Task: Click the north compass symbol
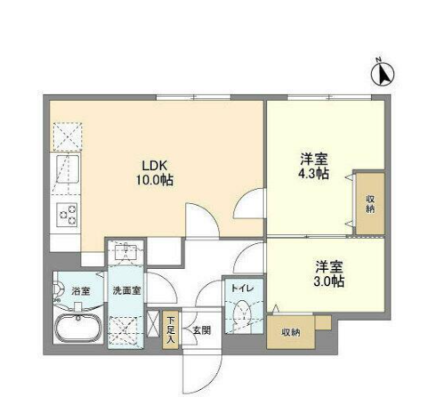point(382,74)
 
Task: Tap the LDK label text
point(155,166)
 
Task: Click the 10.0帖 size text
point(155,180)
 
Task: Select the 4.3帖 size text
point(314,174)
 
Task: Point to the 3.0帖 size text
point(329,280)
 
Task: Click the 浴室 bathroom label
point(80,291)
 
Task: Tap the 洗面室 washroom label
point(126,290)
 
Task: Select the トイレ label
point(243,288)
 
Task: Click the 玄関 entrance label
point(202,330)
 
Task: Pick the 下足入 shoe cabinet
point(170,329)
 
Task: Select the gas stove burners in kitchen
point(68,215)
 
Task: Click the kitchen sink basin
point(68,169)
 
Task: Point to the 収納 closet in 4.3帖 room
point(370,203)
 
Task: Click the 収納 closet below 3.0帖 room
point(291,332)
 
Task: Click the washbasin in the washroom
point(126,251)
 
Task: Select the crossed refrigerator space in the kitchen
point(68,137)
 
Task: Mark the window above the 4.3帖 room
point(330,97)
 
